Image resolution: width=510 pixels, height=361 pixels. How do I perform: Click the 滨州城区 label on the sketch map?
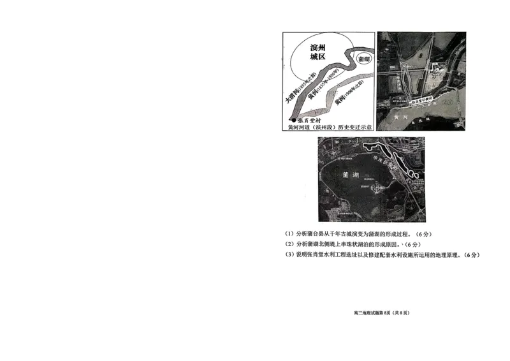point(317,52)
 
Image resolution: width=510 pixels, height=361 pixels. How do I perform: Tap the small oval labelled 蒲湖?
point(363,59)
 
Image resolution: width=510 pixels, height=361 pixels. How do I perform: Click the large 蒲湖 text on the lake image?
point(351,173)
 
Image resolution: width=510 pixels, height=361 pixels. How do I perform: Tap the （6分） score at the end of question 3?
point(471,255)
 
